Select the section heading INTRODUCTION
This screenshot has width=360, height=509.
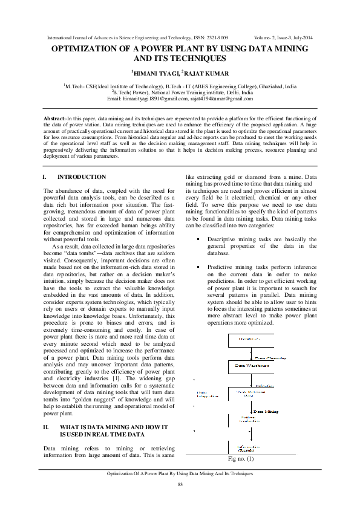click(82, 177)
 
